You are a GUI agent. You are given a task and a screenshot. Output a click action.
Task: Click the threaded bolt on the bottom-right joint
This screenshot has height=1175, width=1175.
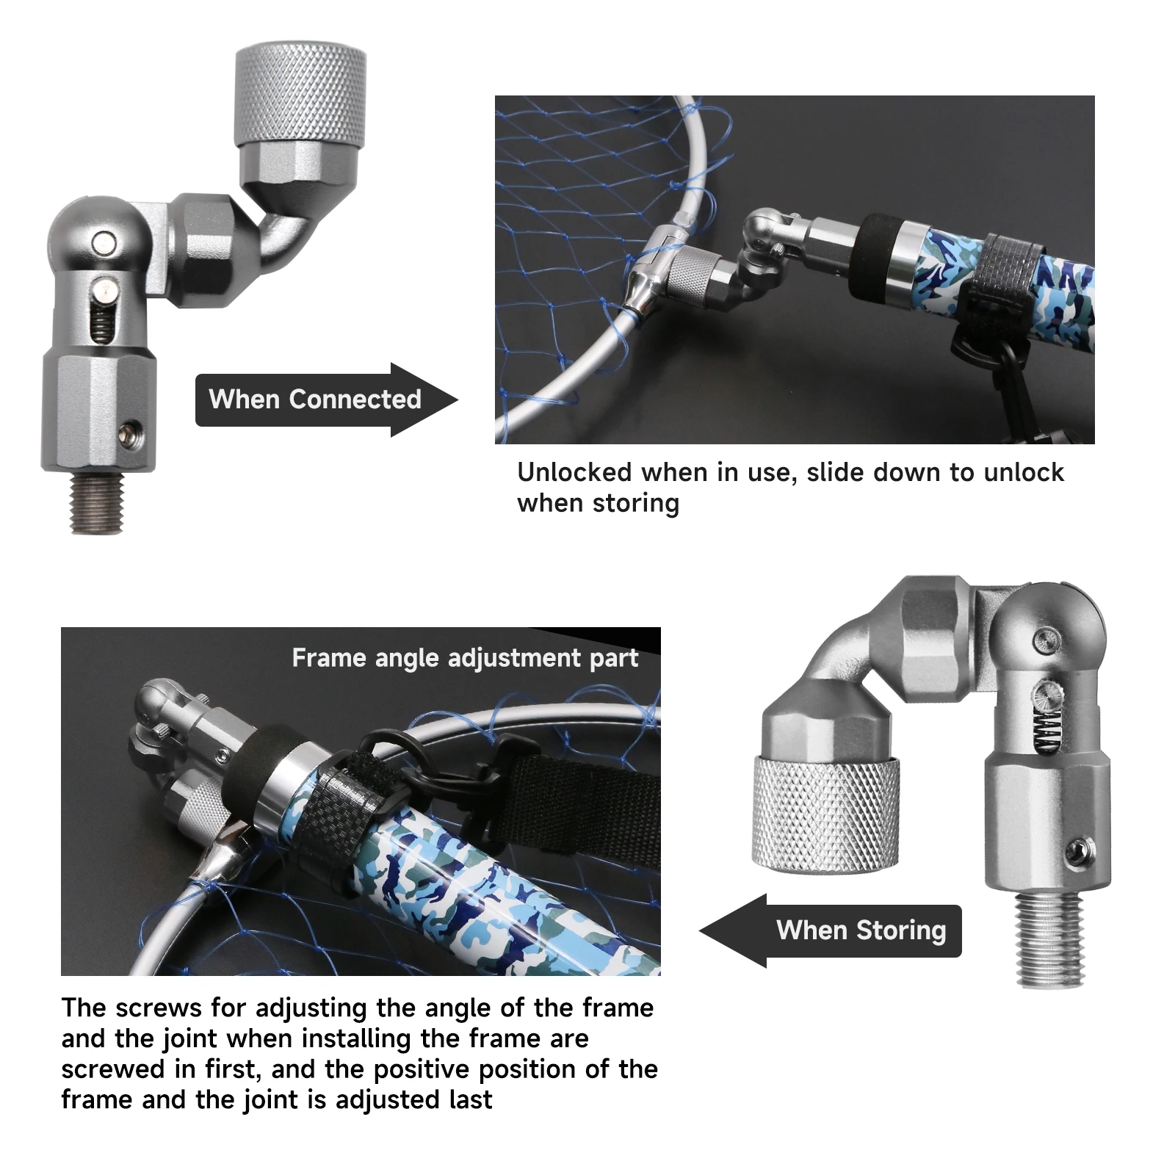[x=1052, y=939]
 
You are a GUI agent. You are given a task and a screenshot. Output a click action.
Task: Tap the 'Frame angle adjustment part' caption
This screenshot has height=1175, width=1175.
[x=465, y=658]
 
